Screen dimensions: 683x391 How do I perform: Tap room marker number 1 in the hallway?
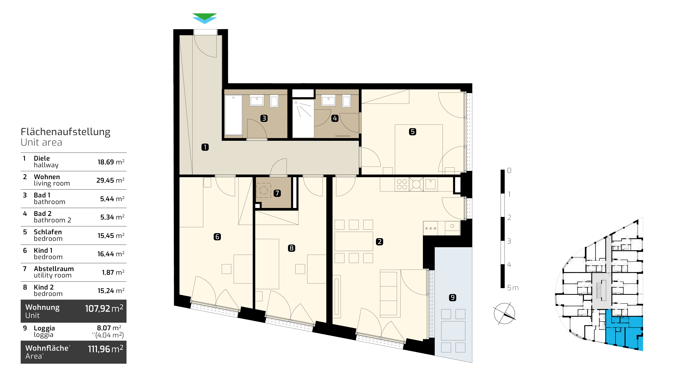(205, 147)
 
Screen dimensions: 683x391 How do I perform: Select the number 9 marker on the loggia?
(453, 298)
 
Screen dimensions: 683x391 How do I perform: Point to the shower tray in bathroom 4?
(303, 119)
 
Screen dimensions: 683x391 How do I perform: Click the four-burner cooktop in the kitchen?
(402, 184)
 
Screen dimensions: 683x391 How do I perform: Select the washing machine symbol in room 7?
(263, 190)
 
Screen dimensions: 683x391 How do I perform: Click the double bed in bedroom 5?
(419, 150)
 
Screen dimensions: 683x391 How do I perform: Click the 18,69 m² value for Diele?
(111, 162)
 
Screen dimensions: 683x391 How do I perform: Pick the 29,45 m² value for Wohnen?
(110, 180)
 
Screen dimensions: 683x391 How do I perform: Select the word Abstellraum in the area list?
(54, 269)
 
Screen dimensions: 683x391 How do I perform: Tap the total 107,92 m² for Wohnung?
(104, 309)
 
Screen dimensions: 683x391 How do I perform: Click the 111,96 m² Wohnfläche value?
(106, 349)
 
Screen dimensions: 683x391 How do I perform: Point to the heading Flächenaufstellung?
(65, 132)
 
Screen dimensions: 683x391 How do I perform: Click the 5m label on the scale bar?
(513, 288)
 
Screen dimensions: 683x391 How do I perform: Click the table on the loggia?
(453, 331)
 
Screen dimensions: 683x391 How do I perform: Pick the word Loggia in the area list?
(44, 328)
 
